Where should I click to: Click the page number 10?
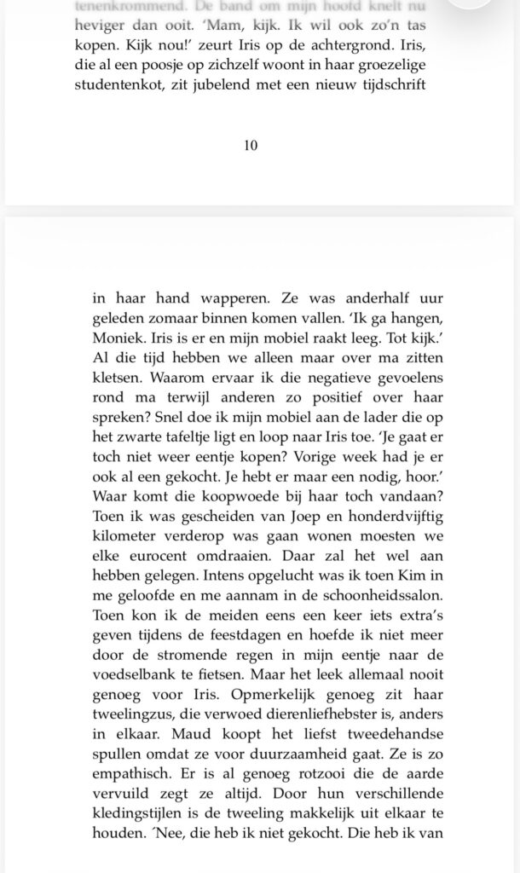tap(251, 145)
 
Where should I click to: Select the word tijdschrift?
tap(385, 85)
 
